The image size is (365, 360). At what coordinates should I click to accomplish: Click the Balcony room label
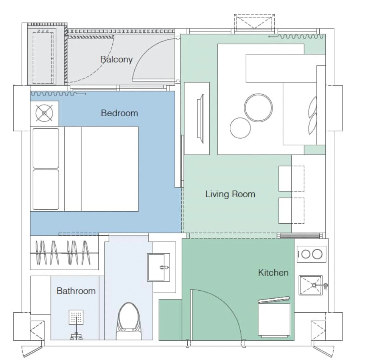[x=116, y=60]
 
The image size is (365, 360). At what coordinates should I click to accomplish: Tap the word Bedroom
[x=120, y=113]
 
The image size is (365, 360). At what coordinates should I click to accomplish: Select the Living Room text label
[x=230, y=194]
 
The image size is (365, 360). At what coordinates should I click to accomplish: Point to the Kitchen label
[x=273, y=273]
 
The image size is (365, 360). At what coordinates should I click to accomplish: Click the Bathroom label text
[x=76, y=291]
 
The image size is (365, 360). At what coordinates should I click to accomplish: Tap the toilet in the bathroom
[x=129, y=321]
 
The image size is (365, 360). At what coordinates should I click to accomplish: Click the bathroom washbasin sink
[x=158, y=267]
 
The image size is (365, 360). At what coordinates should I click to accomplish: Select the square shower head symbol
[x=76, y=317]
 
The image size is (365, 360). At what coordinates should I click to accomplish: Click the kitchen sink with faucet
[x=312, y=285]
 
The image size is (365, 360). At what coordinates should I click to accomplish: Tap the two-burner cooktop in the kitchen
[x=311, y=254]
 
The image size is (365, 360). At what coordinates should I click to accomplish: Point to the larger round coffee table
[x=258, y=108]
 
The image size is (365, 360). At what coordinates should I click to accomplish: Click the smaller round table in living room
[x=240, y=128]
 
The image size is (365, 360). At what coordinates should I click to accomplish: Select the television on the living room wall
[x=201, y=119]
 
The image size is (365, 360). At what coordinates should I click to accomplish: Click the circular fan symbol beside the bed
[x=44, y=113]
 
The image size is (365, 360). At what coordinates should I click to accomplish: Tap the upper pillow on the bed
[x=46, y=148]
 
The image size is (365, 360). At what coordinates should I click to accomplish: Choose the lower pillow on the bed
[x=46, y=190]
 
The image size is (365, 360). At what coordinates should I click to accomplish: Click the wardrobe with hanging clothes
[x=65, y=253]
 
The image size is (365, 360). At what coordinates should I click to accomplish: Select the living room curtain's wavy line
[x=296, y=36]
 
